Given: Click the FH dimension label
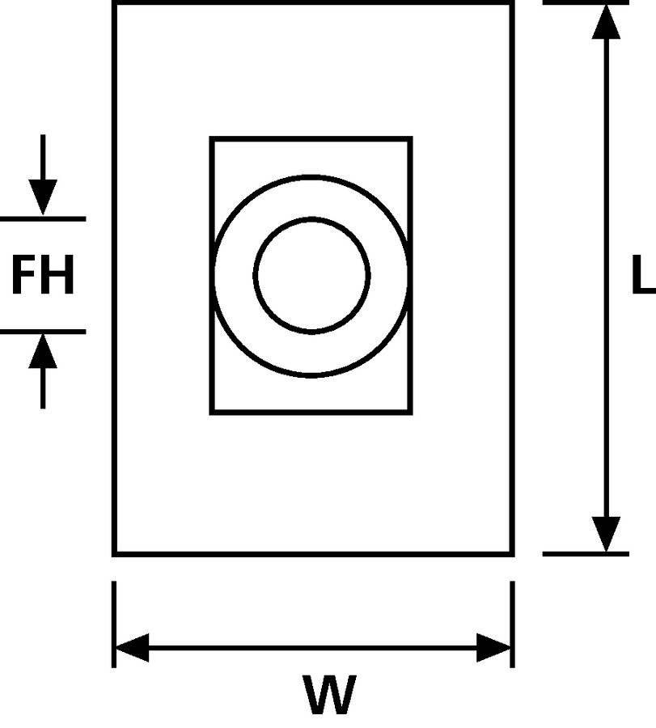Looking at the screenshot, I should coord(43,276).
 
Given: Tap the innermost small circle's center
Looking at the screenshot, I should coord(311,275).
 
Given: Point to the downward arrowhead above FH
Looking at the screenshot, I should coord(43,198).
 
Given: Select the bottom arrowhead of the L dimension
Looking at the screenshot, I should coord(606,534).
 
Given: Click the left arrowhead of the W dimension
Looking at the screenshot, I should coord(132,647).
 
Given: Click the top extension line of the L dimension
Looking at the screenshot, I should coord(584,2).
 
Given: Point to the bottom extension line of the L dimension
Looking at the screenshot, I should coord(584,554).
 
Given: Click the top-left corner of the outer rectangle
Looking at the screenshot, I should coord(114,3).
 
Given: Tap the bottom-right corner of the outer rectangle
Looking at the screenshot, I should coord(512,554).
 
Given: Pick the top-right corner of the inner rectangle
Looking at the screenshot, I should coord(411,138).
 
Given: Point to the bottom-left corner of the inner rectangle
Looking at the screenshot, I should coord(212,413).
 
